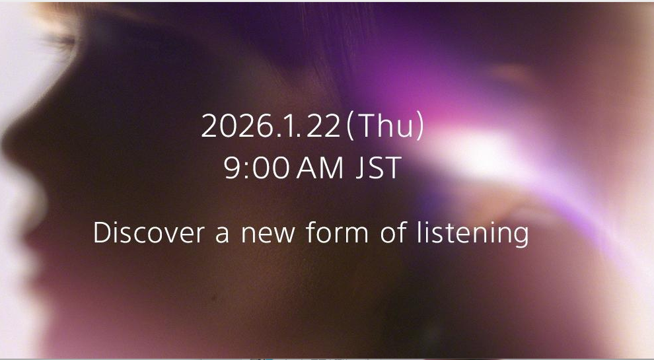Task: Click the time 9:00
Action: [x=257, y=169]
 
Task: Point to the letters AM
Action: [x=320, y=169]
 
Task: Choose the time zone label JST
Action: [x=379, y=169]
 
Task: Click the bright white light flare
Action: [x=486, y=145]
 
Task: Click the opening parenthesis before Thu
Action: [x=350, y=126]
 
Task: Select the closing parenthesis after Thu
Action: [x=419, y=126]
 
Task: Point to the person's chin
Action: [x=40, y=291]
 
